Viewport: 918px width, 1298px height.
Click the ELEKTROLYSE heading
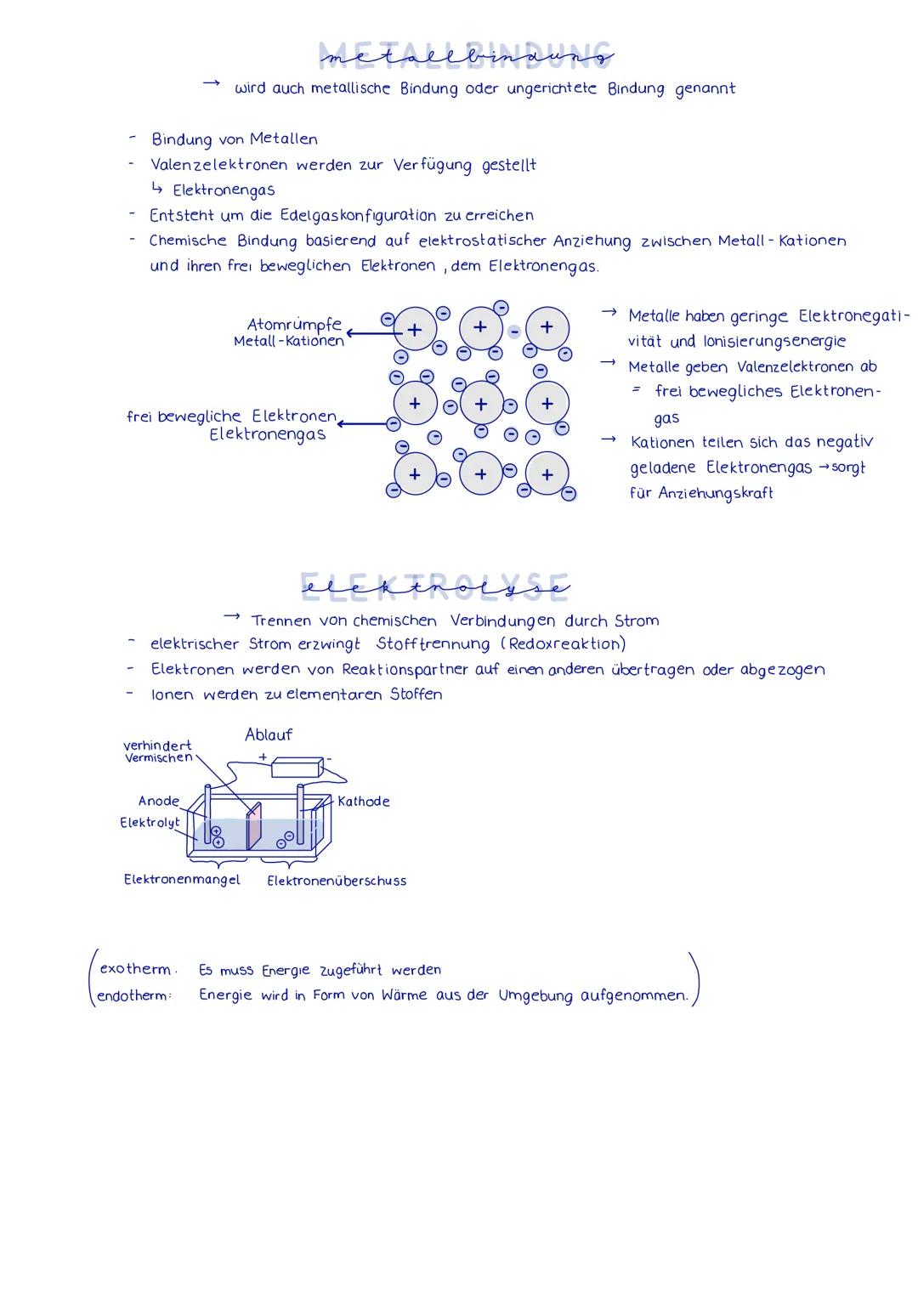(x=433, y=586)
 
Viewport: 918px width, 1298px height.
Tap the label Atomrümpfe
(x=294, y=325)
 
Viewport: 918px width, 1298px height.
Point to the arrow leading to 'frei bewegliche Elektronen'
(x=363, y=422)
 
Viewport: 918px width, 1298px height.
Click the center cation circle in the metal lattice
(x=481, y=404)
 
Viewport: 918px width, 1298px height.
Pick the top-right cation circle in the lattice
(x=547, y=327)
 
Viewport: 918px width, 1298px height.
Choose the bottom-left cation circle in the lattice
(x=415, y=474)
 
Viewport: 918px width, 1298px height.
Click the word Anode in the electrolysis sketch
(x=159, y=801)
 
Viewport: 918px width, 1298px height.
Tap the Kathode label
(x=363, y=801)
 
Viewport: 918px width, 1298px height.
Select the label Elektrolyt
(x=150, y=822)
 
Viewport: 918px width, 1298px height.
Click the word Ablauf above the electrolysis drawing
(x=269, y=734)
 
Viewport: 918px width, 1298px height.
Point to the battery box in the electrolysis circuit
(x=297, y=767)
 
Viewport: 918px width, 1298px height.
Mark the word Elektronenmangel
(x=182, y=880)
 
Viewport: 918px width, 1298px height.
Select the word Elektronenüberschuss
(x=337, y=881)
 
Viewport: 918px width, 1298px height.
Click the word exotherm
(x=135, y=969)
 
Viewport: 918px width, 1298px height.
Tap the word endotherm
(x=133, y=995)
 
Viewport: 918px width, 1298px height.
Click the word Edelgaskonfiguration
(x=358, y=215)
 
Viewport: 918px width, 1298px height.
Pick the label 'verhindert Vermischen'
(x=158, y=751)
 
